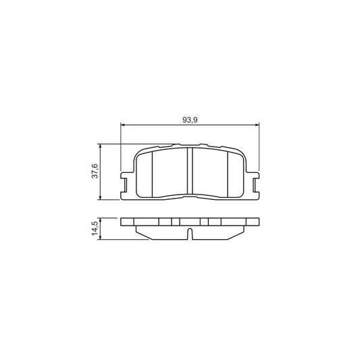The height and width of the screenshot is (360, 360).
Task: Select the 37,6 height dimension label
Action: [x=95, y=172]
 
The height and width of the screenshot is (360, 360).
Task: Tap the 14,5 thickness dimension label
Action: [x=95, y=228]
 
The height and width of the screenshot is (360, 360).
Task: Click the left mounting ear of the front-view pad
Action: [x=126, y=184]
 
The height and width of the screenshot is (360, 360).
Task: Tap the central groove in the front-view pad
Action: [x=190, y=173]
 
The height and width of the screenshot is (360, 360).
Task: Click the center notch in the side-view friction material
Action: [x=190, y=234]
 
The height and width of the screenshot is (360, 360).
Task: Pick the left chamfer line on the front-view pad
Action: [x=154, y=173]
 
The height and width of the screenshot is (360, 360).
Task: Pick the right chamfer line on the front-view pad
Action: [x=226, y=173]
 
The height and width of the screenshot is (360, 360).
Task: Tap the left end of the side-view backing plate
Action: [x=124, y=224]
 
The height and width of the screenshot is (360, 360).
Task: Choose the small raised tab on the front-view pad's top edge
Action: [x=175, y=145]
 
